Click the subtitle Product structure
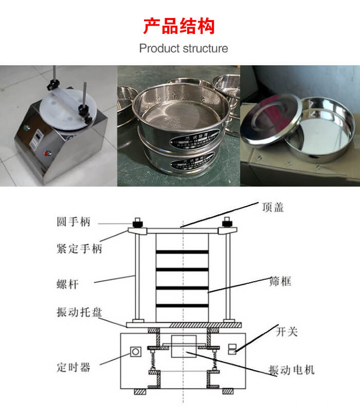tap(184, 49)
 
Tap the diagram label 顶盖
tap(273, 207)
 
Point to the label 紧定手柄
tap(79, 248)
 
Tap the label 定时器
tap(74, 367)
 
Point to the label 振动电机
tap(291, 370)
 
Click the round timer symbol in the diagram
tap(136, 352)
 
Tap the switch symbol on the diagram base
tap(232, 350)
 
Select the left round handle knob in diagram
tap(138, 224)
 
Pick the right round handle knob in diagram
tap(226, 224)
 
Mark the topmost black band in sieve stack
tap(182, 252)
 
